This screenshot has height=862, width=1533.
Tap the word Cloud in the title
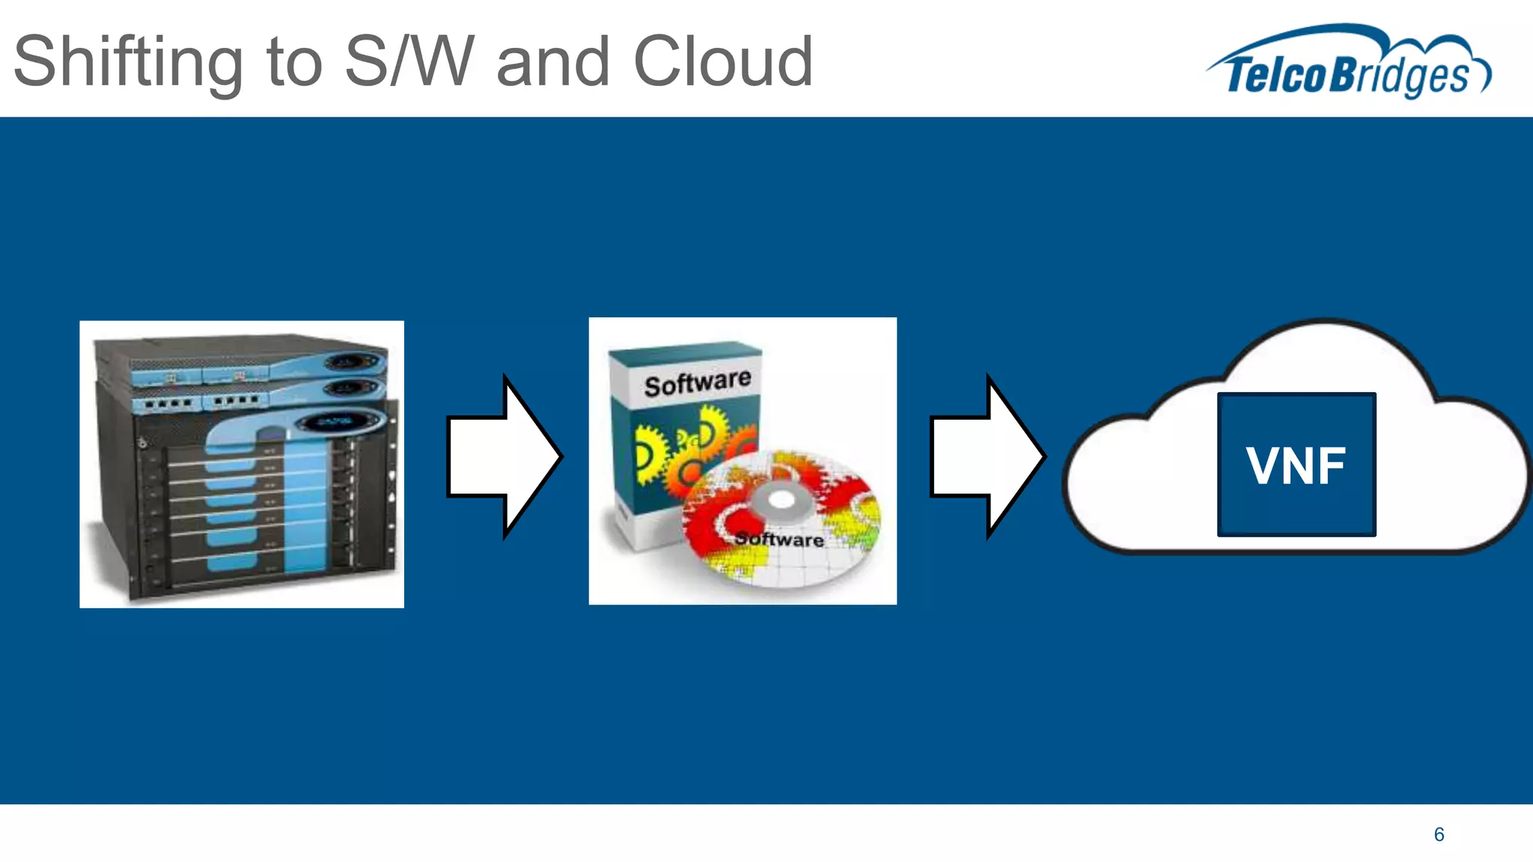tap(722, 61)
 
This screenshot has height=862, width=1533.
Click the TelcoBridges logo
tap(1347, 64)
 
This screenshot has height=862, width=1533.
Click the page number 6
tap(1439, 834)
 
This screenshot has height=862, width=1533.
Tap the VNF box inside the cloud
tap(1296, 465)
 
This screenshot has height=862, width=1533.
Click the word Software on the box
tap(697, 383)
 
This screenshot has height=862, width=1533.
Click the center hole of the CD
tap(780, 500)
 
